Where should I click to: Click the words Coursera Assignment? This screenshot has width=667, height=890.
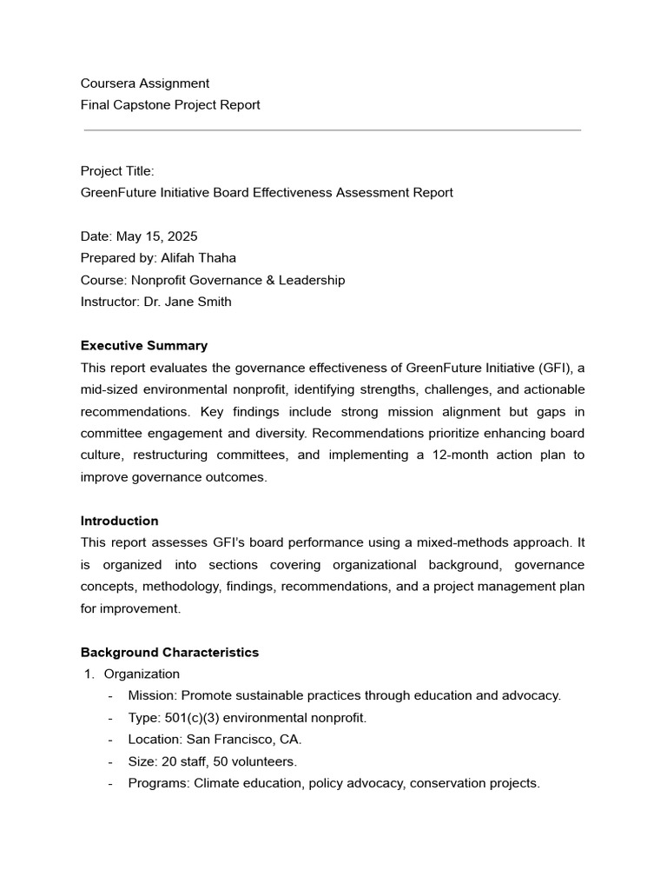(x=145, y=83)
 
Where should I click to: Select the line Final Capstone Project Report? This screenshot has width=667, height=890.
(x=170, y=105)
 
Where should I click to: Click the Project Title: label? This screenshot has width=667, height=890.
(x=117, y=171)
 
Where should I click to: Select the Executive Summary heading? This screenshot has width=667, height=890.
(x=144, y=345)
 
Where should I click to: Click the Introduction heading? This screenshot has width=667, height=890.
(x=120, y=521)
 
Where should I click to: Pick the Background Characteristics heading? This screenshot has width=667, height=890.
(x=169, y=652)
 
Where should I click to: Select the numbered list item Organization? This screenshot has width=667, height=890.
(x=142, y=674)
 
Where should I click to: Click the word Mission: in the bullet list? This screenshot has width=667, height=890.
(x=153, y=695)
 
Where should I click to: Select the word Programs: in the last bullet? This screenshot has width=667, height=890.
(x=159, y=783)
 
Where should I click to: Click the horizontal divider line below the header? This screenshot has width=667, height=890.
(x=333, y=130)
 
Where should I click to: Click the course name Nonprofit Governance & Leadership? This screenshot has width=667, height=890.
(x=237, y=280)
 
